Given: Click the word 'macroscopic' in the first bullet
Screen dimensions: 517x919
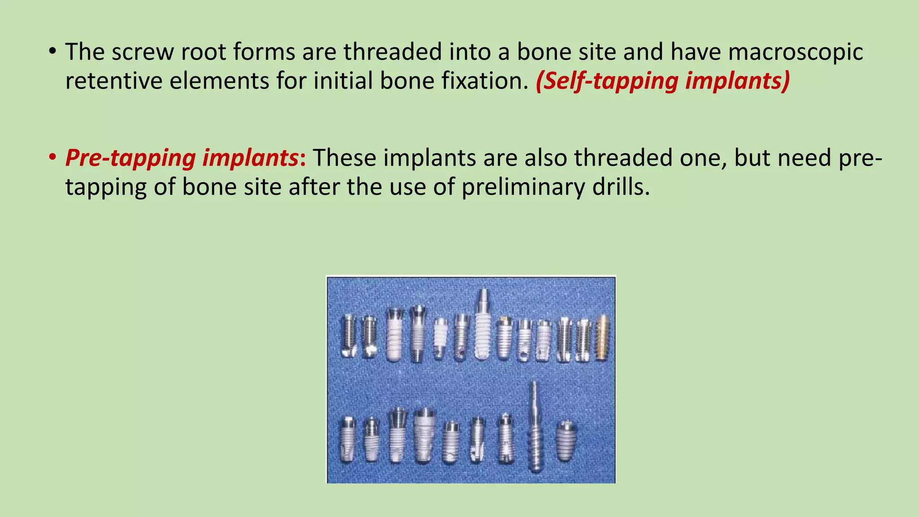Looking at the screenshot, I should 795,52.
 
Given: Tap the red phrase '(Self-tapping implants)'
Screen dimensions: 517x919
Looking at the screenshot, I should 663,81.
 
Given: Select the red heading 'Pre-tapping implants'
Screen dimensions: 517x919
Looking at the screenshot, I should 182,158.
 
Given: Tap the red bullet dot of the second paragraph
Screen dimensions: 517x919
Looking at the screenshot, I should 53,158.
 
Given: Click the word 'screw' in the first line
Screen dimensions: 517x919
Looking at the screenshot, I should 143,52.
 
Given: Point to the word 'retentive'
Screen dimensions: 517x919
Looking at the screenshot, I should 114,81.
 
